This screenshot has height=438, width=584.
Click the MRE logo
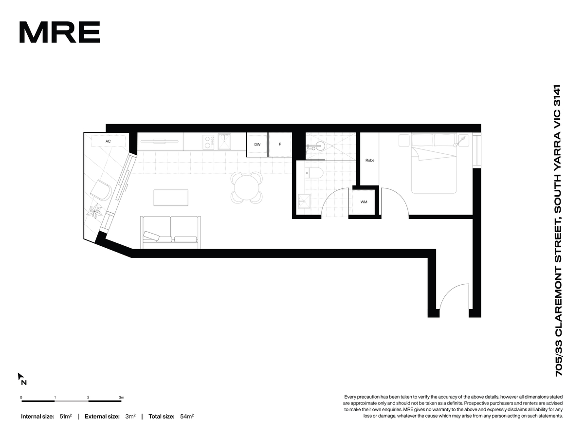59,32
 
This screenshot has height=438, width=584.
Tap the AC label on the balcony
108,141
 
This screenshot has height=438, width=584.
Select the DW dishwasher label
257,145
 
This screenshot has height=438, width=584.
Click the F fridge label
280,144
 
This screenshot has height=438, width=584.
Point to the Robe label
370,160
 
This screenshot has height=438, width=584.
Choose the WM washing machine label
364,202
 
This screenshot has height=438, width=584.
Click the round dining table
247,187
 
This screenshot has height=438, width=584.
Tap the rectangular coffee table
171,198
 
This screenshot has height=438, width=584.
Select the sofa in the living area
170,233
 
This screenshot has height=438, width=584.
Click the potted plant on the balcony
95,211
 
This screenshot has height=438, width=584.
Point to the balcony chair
101,190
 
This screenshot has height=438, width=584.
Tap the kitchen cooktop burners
208,142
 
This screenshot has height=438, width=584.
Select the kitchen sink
224,142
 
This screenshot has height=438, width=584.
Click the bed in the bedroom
434,164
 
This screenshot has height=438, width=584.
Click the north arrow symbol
21,376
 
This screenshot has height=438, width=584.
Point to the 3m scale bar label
121,397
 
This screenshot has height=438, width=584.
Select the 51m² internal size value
65,416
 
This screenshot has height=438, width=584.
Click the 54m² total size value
187,416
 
